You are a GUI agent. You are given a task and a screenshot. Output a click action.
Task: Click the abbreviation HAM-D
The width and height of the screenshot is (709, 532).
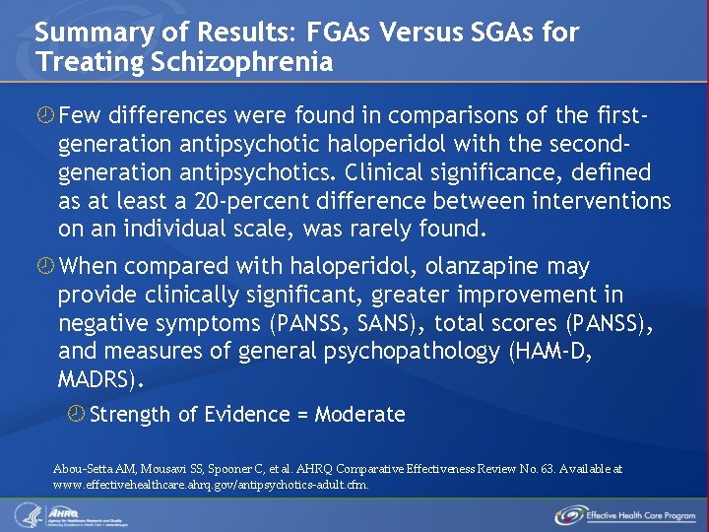point(553,352)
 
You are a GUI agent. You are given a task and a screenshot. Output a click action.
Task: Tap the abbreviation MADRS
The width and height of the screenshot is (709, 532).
point(98,380)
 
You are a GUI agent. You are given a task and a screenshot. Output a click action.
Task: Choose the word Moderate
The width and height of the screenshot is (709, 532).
point(360,415)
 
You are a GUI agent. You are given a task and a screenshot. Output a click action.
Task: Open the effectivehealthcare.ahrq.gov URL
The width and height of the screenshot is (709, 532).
point(211,485)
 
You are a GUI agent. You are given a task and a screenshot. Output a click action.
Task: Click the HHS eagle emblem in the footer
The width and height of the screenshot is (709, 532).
point(26,514)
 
